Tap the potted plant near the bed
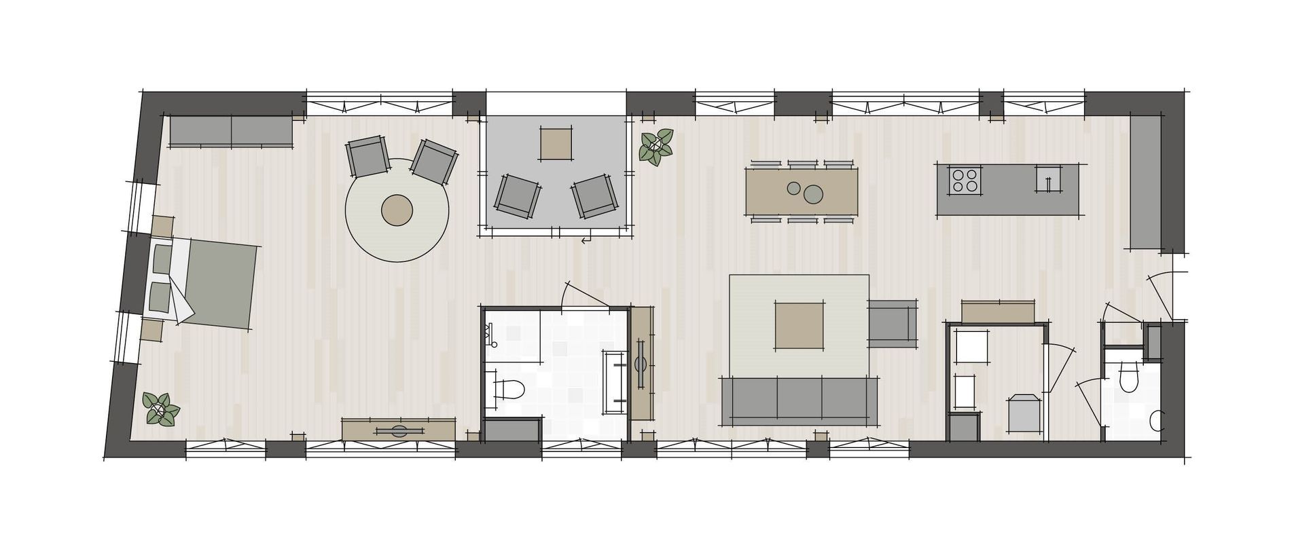point(161,409)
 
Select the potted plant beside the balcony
point(655,147)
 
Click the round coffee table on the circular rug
point(397,210)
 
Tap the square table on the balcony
point(555,144)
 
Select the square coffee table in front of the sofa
point(799,326)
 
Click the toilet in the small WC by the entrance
point(1128,377)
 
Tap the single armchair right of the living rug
point(893,323)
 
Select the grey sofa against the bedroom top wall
point(231,130)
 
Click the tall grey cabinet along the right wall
point(1145,182)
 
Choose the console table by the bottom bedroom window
point(398,430)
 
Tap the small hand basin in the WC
point(1157,422)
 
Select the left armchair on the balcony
point(518,196)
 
